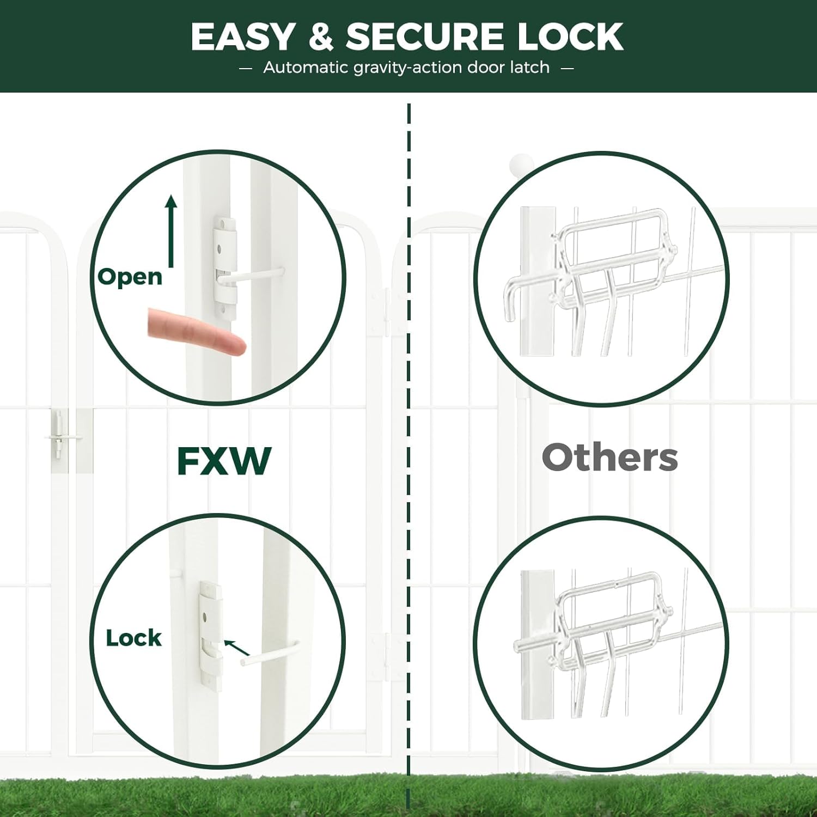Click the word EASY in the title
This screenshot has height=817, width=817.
[x=243, y=37]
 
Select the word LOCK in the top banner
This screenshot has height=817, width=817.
[x=570, y=37]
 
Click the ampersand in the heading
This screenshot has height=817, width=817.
[x=321, y=37]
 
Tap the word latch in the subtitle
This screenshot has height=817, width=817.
[x=529, y=68]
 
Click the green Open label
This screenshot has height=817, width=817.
[x=130, y=277]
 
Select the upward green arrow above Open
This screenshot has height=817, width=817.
[x=172, y=231]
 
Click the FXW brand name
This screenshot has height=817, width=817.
[x=224, y=461]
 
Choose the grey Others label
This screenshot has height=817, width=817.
[x=609, y=458]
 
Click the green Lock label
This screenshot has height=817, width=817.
[x=133, y=638]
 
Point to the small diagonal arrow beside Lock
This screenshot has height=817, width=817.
[x=236, y=647]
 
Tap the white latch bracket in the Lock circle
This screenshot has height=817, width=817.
[x=210, y=635]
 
